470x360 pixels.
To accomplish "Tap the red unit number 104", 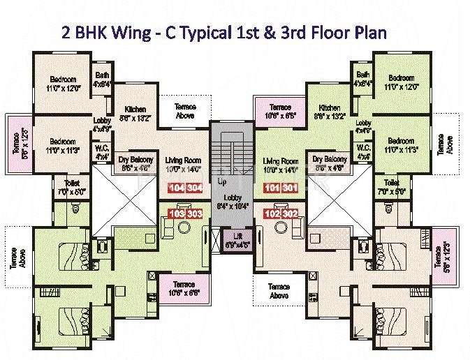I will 177,188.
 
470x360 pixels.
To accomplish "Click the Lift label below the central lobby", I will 233,242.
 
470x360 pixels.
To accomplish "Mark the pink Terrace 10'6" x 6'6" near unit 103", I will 184,289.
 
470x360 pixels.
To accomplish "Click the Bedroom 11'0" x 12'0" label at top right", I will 402,83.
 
